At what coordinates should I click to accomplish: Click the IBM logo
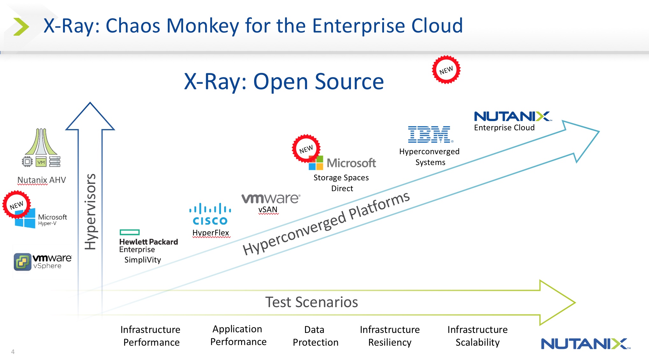pos(430,134)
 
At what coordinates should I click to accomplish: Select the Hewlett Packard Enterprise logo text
pos(148,245)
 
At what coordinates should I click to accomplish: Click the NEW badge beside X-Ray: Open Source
pos(446,70)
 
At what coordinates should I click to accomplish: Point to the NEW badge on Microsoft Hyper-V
pos(17,205)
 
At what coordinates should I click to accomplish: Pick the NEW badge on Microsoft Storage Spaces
pos(306,149)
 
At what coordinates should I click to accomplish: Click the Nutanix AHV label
pos(42,180)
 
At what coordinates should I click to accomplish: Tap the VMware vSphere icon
pos(22,262)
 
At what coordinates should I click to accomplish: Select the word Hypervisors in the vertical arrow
pos(90,212)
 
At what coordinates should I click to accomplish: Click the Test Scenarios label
pos(311,302)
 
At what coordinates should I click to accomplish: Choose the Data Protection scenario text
pos(315,336)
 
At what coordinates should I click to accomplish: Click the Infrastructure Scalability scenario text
pos(477,336)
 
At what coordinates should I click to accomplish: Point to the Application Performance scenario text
pos(238,335)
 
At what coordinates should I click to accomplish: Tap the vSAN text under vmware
pos(268,210)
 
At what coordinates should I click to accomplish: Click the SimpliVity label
pos(143,260)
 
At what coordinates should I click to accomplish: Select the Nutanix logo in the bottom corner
pos(585,344)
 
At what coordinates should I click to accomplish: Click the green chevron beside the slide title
pos(21,27)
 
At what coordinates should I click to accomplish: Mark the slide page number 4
pos(13,352)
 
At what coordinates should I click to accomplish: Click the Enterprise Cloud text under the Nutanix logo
pos(504,128)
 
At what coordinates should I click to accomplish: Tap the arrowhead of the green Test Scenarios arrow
pos(557,303)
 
